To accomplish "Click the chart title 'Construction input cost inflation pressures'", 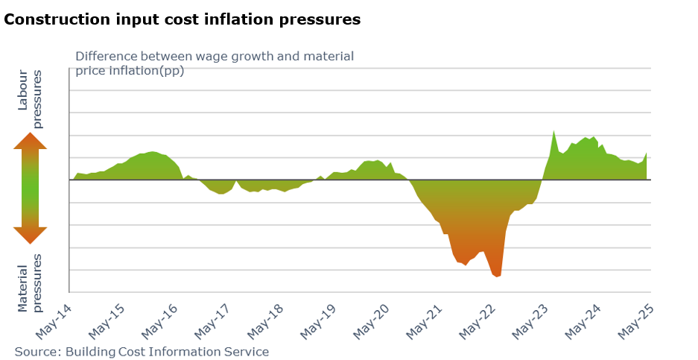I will (183, 20).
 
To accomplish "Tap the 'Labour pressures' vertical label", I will (31, 99).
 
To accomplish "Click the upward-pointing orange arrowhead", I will (30, 141).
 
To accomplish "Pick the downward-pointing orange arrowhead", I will (30, 235).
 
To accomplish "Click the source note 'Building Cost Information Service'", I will (142, 351).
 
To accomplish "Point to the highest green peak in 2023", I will (553, 132).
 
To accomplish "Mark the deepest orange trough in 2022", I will (496, 276).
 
